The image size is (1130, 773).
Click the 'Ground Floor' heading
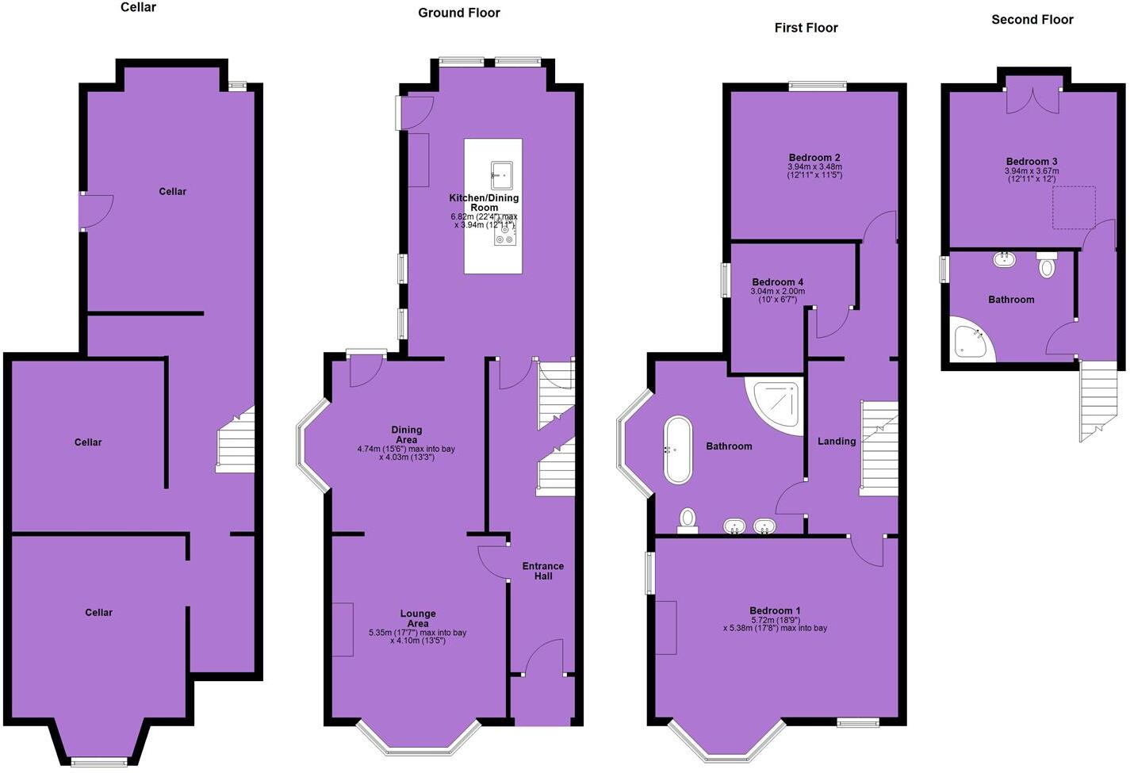point(458,13)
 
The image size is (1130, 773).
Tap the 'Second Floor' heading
point(1032,20)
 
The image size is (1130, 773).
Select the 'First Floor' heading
point(806,28)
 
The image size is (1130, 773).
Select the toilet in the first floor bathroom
point(688,520)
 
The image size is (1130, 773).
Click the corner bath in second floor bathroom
point(969,340)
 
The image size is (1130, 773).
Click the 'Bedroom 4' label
point(777,282)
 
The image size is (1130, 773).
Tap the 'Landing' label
point(837,442)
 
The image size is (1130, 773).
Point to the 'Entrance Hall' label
point(543,571)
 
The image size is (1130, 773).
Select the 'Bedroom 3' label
point(1032,162)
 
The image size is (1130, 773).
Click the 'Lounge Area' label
point(418,618)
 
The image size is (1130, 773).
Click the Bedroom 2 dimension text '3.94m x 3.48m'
point(814,167)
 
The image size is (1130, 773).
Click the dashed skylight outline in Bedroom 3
point(1074,208)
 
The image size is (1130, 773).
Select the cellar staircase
point(236,442)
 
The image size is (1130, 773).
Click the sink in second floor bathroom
point(1003,259)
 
